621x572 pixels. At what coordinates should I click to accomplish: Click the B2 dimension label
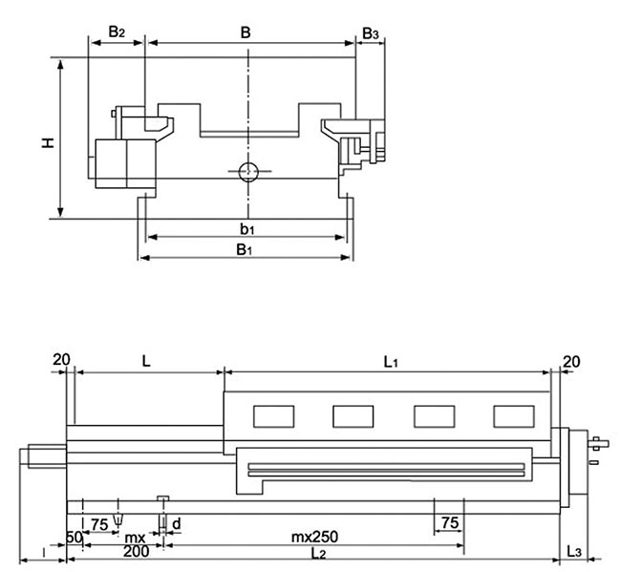pos(116,32)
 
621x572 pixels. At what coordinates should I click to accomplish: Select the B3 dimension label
pos(371,34)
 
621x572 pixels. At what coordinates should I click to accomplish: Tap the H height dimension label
pos(46,142)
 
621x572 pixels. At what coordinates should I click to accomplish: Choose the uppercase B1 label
pos(245,250)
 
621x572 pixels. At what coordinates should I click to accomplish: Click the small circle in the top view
pos(247,173)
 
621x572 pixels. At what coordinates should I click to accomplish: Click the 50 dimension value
pos(74,536)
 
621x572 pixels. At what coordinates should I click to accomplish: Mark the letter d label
pos(176,523)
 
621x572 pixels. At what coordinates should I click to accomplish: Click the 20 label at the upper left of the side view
pos(62,359)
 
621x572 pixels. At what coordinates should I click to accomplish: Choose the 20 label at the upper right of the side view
pos(572,360)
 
